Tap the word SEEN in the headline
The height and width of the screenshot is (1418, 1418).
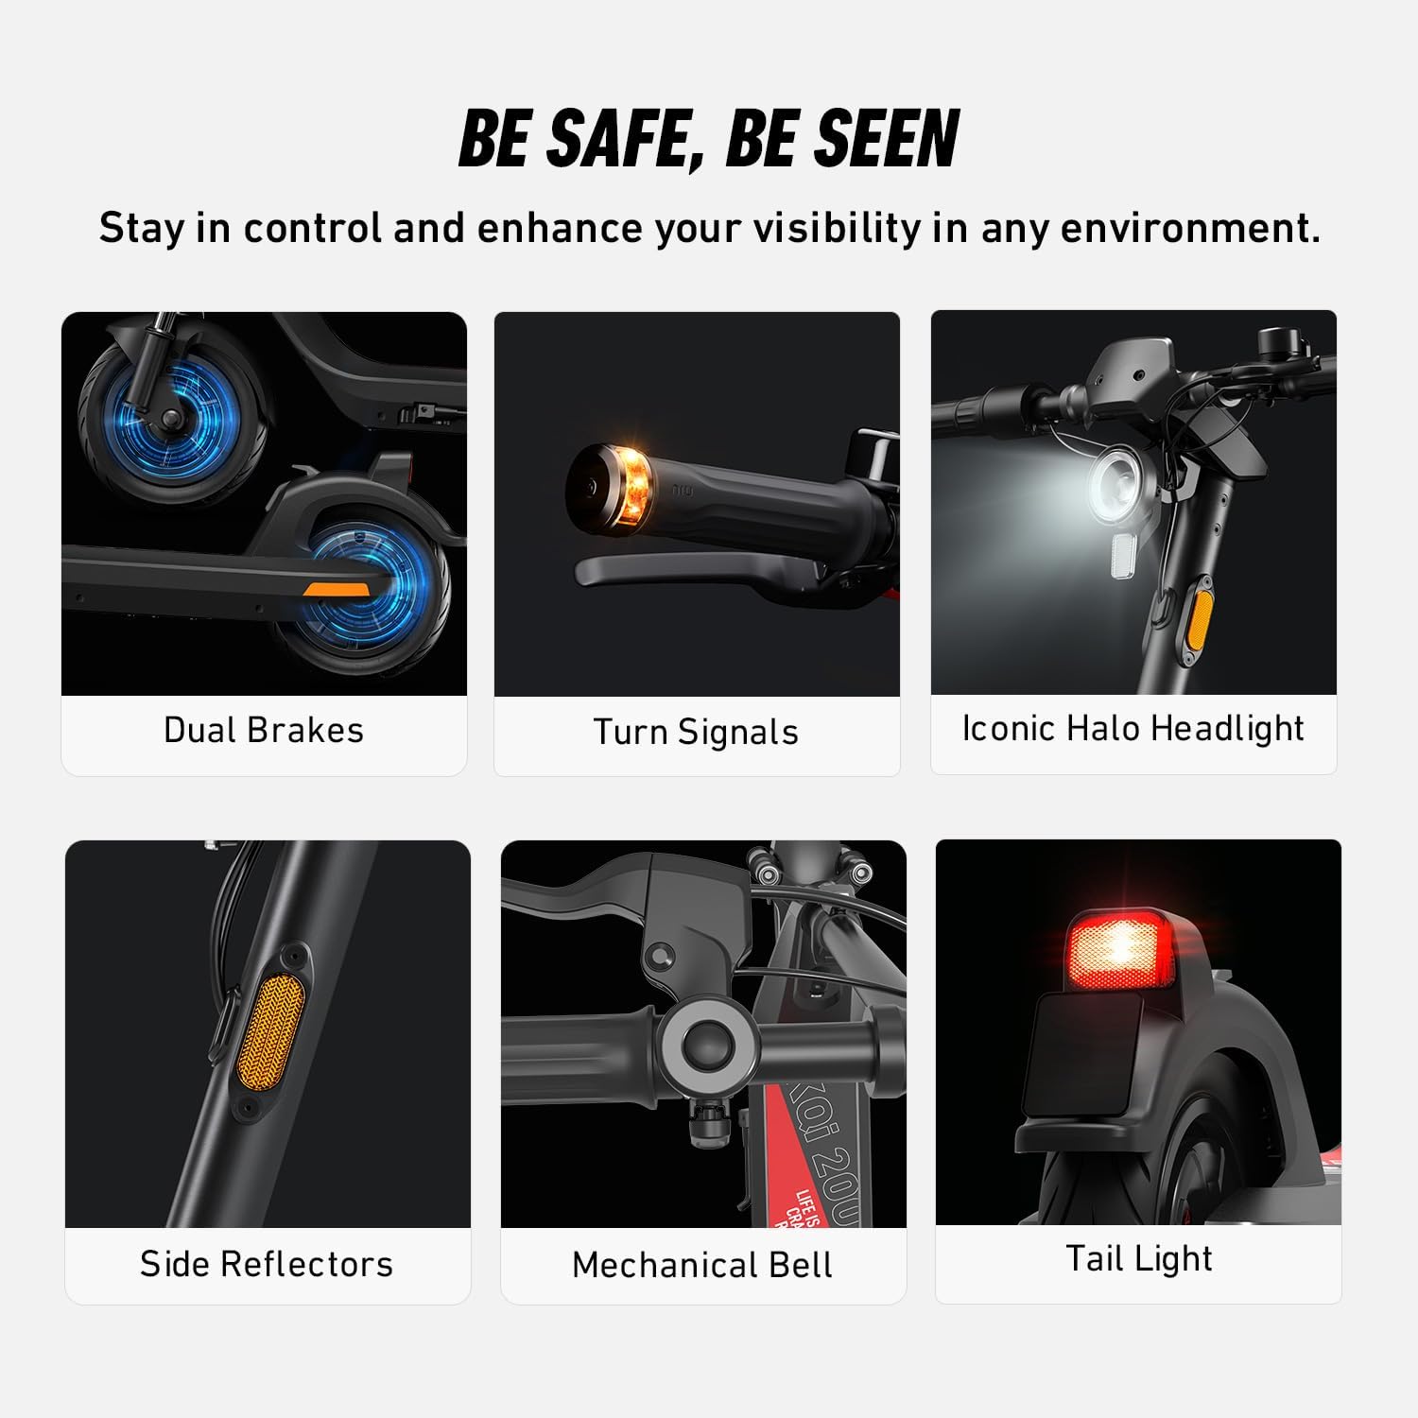(887, 139)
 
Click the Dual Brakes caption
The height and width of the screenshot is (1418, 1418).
(264, 731)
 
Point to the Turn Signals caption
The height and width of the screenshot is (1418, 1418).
(696, 733)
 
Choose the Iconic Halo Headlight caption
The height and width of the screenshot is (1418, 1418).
(1133, 729)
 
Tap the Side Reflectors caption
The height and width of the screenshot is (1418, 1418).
(267, 1264)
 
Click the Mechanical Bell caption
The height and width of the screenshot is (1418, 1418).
(702, 1265)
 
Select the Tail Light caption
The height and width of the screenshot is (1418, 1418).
(1138, 1259)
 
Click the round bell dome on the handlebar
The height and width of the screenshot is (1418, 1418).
(705, 1046)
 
